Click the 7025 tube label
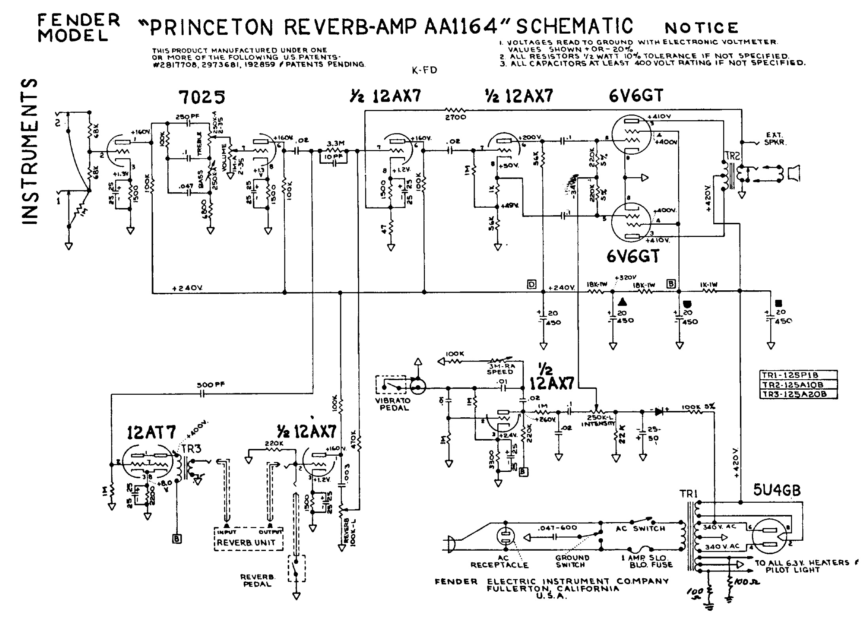pos(201,97)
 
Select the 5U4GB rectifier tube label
pos(777,490)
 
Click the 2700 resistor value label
pos(455,117)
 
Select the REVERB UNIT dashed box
pos(248,539)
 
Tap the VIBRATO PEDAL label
pos(392,404)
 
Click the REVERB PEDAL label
pos(257,580)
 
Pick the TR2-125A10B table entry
pos(798,384)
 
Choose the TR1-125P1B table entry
pos(798,375)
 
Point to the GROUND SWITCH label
pos(572,561)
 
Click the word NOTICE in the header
pos(701,28)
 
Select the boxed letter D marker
pos(532,284)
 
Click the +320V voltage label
pos(625,277)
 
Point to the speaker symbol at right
pos(794,173)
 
